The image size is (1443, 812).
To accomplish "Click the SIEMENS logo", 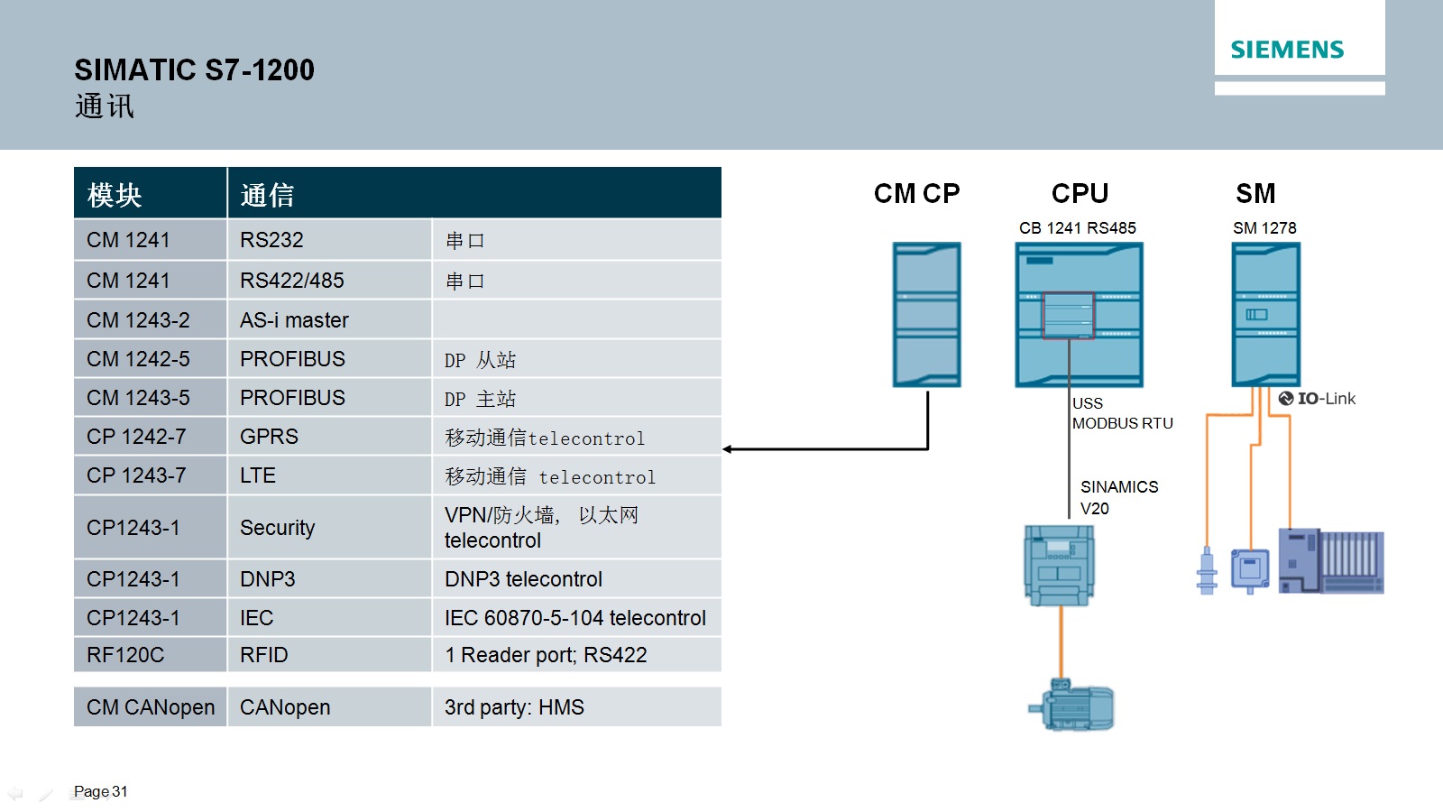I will (1287, 50).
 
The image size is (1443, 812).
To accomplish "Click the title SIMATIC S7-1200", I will (194, 70).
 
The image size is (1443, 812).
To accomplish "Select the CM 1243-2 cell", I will (138, 320).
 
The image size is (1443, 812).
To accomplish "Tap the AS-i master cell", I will (294, 320).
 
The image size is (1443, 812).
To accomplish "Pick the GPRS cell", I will (269, 437).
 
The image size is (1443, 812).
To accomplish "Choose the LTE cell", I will (258, 475).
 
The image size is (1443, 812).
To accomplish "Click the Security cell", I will (278, 528).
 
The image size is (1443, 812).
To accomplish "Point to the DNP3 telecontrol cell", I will (523, 579).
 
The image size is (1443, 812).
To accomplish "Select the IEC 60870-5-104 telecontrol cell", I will (574, 618).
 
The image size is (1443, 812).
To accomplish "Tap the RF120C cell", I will (125, 655).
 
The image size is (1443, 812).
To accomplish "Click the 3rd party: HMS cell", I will (514, 707).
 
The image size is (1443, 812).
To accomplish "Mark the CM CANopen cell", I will (151, 707).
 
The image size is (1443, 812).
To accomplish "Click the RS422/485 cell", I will (292, 281).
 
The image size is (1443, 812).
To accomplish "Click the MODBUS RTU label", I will (1123, 423).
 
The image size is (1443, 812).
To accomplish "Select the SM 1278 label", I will (1264, 228).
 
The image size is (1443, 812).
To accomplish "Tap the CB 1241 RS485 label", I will (1078, 228).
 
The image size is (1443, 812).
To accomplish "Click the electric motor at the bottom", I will (1073, 706).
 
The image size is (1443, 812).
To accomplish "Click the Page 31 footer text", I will (101, 791).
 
